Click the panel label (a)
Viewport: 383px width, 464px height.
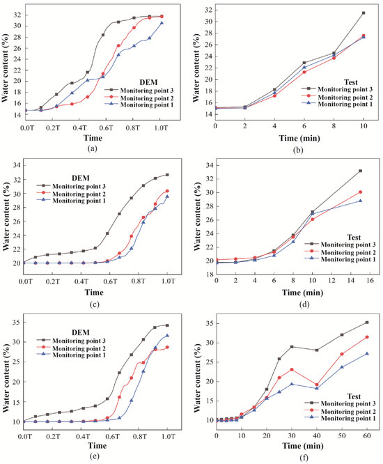93,149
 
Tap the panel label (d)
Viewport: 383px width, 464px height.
304,304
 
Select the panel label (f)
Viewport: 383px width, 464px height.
304,458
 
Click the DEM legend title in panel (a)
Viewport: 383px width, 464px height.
149,82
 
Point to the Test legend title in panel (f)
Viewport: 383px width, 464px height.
354,396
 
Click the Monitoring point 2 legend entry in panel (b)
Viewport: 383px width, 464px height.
337,97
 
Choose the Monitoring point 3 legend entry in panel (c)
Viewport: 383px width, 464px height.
71,186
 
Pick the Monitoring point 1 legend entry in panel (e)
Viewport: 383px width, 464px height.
71,355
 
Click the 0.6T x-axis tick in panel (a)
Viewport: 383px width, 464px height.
106,127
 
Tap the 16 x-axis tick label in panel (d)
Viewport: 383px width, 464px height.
370,281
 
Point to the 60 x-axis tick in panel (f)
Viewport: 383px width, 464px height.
367,435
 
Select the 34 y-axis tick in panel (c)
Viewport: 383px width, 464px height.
16,165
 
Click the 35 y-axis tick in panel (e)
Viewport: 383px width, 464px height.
16,322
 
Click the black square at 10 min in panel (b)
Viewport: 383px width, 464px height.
364,13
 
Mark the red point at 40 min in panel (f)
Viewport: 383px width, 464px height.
317,385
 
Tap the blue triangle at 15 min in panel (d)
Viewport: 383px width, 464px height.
360,201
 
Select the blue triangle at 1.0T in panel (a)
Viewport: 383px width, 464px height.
162,23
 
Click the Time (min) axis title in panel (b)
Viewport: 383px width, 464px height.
299,138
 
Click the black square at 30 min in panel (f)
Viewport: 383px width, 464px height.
292,346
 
